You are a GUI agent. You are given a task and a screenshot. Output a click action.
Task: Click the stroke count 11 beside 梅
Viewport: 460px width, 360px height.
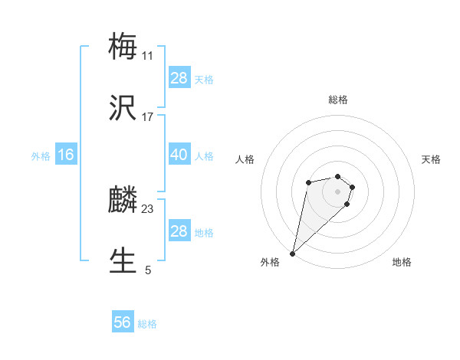(147, 56)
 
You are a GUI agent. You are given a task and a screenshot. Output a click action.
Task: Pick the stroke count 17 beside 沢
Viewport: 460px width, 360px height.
(147, 116)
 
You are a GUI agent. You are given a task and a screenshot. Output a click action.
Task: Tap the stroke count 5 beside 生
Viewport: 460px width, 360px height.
(148, 270)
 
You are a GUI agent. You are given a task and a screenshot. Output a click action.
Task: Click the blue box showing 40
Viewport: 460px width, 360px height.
(179, 155)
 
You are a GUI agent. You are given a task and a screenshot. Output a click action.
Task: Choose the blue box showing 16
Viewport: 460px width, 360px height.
(66, 155)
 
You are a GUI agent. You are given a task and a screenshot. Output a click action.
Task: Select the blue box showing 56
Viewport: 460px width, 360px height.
(123, 322)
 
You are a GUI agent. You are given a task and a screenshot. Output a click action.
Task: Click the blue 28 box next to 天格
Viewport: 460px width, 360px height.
(179, 78)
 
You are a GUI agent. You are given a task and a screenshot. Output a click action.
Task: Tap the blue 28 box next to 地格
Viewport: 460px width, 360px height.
(179, 231)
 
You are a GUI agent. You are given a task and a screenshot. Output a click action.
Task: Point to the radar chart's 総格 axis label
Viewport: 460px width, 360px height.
(338, 100)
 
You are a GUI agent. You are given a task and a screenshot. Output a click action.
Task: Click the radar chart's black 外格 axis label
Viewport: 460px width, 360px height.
(270, 262)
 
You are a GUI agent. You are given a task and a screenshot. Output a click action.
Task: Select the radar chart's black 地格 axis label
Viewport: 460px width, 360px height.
(402, 262)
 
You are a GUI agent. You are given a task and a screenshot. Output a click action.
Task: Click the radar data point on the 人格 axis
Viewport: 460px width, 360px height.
(308, 182)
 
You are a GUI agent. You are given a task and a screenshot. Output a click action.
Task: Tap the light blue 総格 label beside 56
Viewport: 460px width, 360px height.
(147, 324)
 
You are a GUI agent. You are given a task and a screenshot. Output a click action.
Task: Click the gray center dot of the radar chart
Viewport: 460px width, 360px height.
(337, 191)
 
